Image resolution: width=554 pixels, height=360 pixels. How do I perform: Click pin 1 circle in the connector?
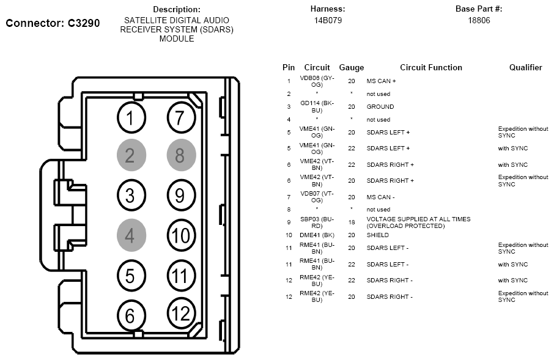pyautogui.click(x=130, y=117)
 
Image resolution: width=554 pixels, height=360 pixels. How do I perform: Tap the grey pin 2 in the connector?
pyautogui.click(x=130, y=155)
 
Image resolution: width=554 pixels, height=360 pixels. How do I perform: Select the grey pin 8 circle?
pyautogui.click(x=180, y=155)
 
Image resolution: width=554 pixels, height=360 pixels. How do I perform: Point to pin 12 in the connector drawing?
pyautogui.click(x=180, y=313)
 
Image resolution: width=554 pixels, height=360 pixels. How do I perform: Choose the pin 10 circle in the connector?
pyautogui.click(x=180, y=235)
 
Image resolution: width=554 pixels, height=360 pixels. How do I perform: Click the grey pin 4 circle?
pyautogui.click(x=130, y=235)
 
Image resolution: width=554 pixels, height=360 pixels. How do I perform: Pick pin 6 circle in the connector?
pyautogui.click(x=130, y=315)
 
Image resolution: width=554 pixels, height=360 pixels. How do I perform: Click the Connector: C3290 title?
pyautogui.click(x=53, y=23)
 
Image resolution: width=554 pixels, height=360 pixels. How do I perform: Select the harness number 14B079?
pyautogui.click(x=328, y=20)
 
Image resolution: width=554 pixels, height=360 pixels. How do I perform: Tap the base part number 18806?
pyautogui.click(x=479, y=20)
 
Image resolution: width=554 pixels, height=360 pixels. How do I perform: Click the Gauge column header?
pyautogui.click(x=351, y=68)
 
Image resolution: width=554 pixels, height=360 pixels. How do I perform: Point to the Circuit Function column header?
pyautogui.click(x=430, y=68)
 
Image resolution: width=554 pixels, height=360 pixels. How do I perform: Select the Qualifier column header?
pyautogui.click(x=525, y=68)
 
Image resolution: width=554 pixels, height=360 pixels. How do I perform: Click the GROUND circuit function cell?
pyautogui.click(x=380, y=107)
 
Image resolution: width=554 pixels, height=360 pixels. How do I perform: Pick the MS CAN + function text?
pyautogui.click(x=381, y=81)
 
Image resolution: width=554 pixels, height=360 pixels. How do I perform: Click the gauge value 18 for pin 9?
pyautogui.click(x=351, y=222)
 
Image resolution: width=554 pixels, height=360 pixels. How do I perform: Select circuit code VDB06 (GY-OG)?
pyautogui.click(x=317, y=81)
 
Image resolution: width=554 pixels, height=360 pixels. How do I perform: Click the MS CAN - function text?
pyautogui.click(x=380, y=197)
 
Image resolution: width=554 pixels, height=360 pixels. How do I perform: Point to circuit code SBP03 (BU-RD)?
pyautogui.click(x=317, y=222)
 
